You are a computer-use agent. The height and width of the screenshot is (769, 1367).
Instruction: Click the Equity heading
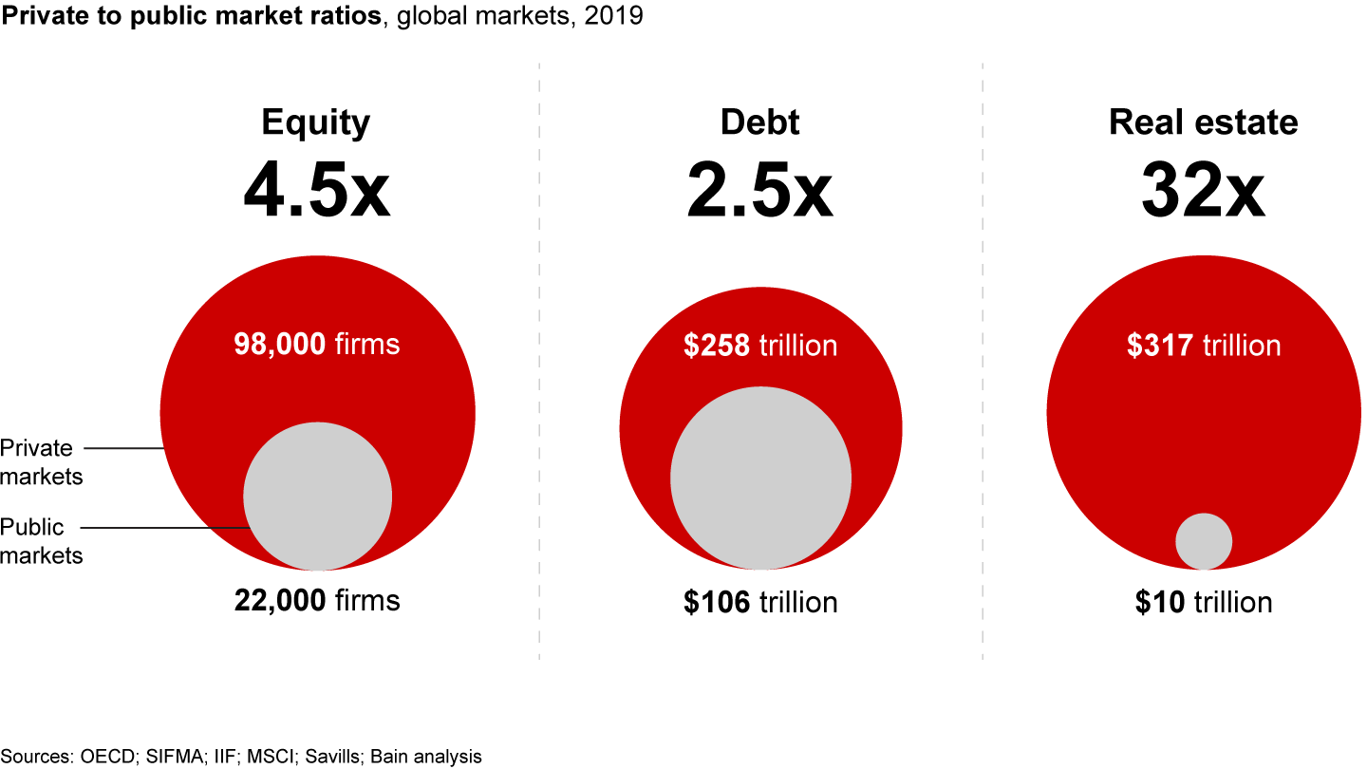click(316, 122)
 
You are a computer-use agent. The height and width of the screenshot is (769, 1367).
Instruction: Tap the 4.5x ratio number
click(316, 190)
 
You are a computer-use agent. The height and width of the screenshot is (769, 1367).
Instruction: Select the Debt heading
click(759, 122)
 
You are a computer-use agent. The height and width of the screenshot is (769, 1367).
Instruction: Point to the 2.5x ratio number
click(759, 190)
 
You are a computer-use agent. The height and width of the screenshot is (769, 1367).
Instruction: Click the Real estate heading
click(1203, 122)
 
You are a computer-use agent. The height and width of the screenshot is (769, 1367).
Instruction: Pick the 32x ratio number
click(1203, 190)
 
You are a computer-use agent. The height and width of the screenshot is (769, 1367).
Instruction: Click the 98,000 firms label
click(317, 344)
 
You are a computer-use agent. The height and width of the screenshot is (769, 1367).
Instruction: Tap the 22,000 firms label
click(317, 600)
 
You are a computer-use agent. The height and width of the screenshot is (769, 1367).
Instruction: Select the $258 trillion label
click(759, 345)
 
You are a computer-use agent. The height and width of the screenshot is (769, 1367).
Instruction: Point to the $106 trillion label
click(759, 602)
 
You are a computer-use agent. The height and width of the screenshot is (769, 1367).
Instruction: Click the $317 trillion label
click(1204, 345)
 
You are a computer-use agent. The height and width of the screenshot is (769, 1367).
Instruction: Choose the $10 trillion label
click(1204, 602)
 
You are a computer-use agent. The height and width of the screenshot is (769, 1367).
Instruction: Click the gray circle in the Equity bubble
click(317, 497)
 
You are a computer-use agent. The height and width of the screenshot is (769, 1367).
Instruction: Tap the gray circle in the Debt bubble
click(759, 478)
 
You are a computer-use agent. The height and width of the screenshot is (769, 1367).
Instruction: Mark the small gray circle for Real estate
click(1204, 541)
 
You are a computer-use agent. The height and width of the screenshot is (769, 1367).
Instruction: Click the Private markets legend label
click(42, 461)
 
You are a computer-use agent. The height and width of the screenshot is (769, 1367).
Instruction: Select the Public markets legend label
click(42, 540)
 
